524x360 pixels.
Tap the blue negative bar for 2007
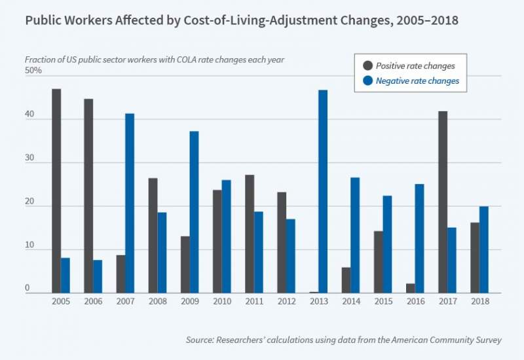tap(130, 203)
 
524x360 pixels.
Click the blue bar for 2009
tap(194, 212)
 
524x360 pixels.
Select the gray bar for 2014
tap(346, 279)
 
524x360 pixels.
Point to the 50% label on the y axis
tap(33, 70)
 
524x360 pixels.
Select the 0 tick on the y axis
tap(29, 287)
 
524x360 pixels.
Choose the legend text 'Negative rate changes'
tap(417, 81)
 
